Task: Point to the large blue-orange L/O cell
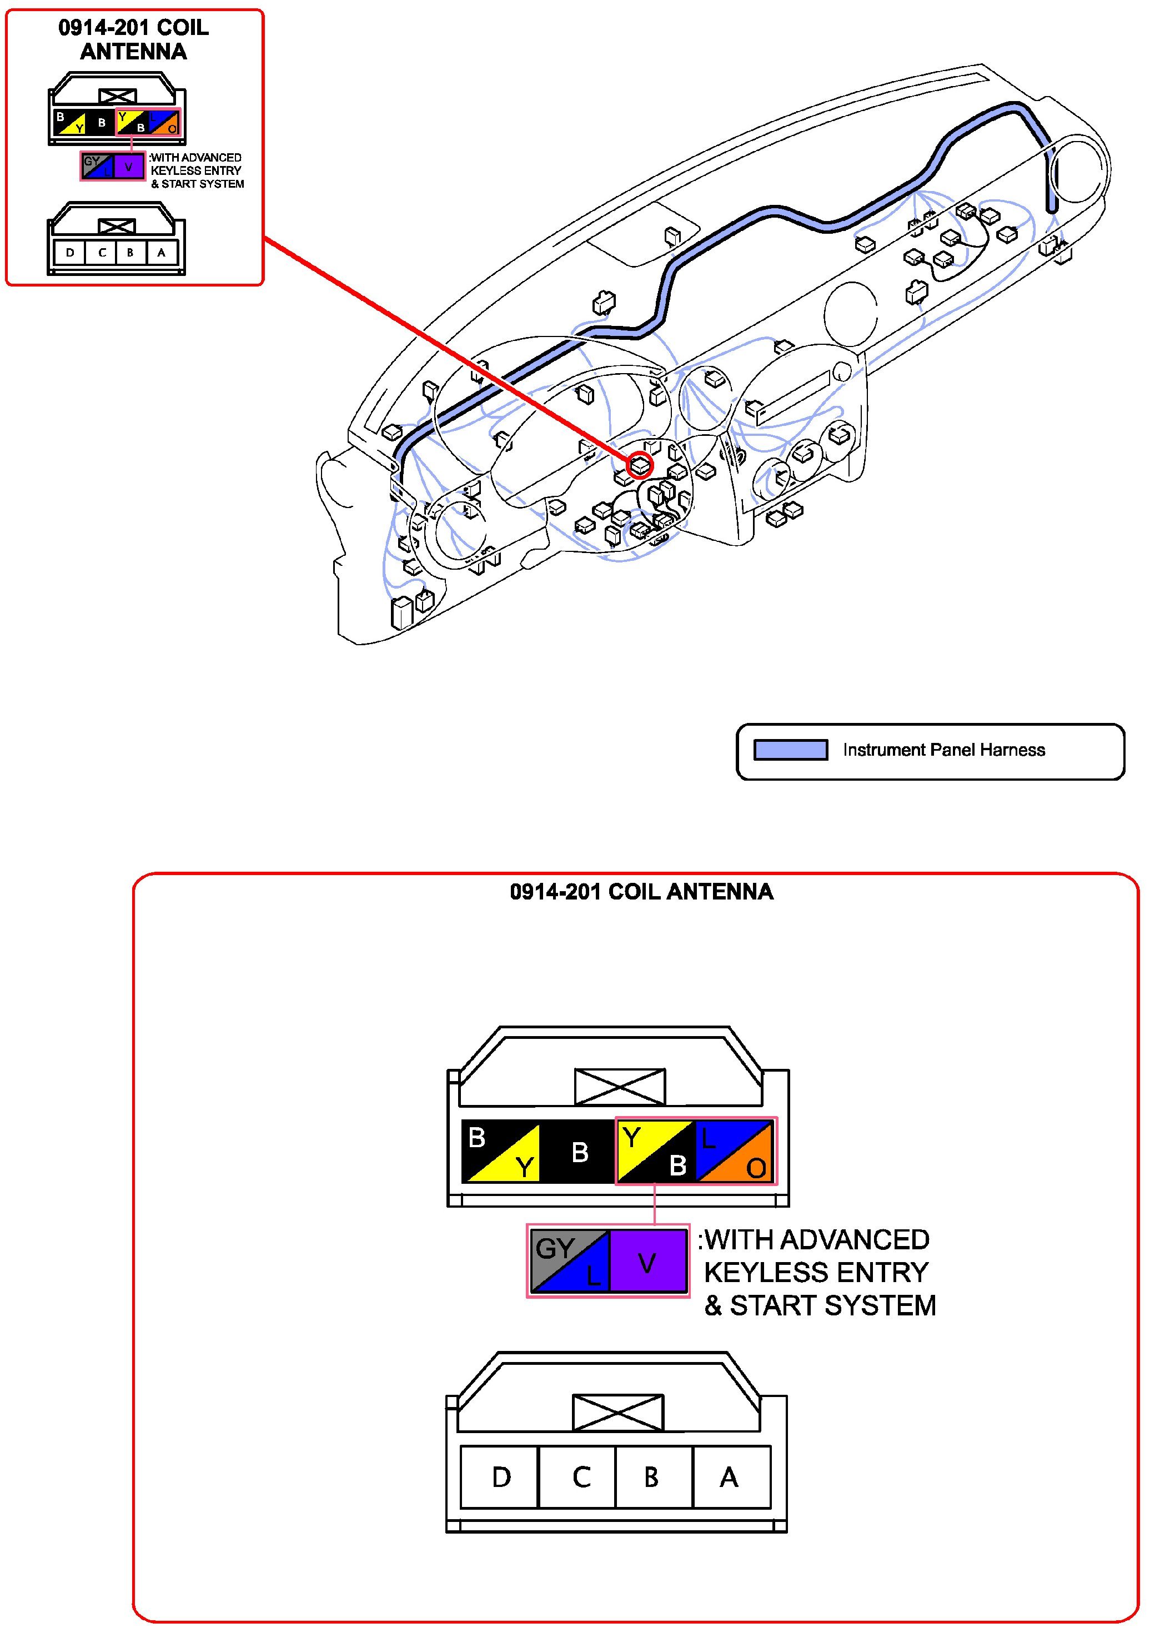tap(735, 1152)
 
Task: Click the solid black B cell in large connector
tap(579, 1152)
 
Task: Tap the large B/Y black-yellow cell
tap(501, 1152)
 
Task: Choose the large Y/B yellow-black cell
tap(655, 1152)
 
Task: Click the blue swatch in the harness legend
tap(790, 750)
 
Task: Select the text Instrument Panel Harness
tap(944, 750)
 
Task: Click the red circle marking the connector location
tap(639, 465)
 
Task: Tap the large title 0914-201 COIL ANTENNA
tap(641, 892)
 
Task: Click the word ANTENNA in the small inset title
tap(134, 52)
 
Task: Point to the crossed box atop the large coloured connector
tap(620, 1087)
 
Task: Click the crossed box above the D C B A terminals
tap(617, 1412)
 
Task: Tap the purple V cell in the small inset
tap(129, 167)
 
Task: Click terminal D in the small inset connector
tap(70, 253)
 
